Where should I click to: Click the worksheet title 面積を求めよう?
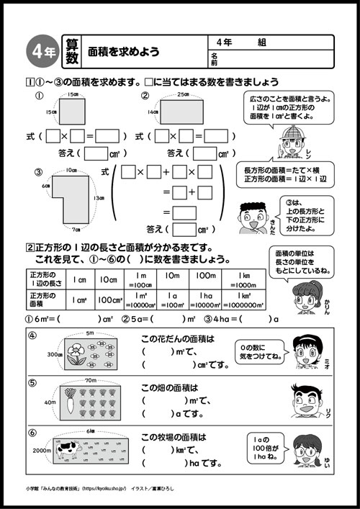[x=123, y=53]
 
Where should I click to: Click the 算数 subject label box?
[x=70, y=51]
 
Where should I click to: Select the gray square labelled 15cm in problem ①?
[x=69, y=112]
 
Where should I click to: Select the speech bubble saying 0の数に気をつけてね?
[x=257, y=352]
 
